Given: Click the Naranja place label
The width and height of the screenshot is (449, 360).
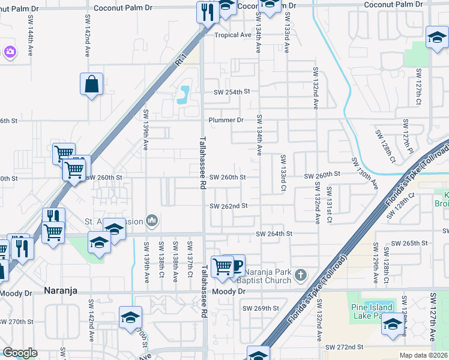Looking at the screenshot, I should (x=63, y=291).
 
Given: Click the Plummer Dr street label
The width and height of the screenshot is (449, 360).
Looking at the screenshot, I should (x=226, y=120).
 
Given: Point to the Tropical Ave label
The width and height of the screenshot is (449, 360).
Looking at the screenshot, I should (x=234, y=35).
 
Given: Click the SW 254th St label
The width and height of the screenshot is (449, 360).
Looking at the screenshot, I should (x=232, y=92).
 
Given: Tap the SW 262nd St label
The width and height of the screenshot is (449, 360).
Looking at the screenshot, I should (x=229, y=206).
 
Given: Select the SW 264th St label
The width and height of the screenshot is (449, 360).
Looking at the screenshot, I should (x=274, y=233).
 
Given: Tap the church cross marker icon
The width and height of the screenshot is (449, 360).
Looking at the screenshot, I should (x=301, y=276).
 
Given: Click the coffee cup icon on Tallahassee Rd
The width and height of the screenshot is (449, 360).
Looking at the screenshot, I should (x=236, y=264).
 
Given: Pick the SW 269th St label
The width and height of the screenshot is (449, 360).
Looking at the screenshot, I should (x=261, y=308).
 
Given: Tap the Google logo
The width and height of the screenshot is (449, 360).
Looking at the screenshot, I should (x=20, y=353).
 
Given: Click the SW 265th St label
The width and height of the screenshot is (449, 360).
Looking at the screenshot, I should (x=409, y=244).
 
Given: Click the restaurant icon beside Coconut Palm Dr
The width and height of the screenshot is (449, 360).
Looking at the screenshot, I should (x=208, y=11).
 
